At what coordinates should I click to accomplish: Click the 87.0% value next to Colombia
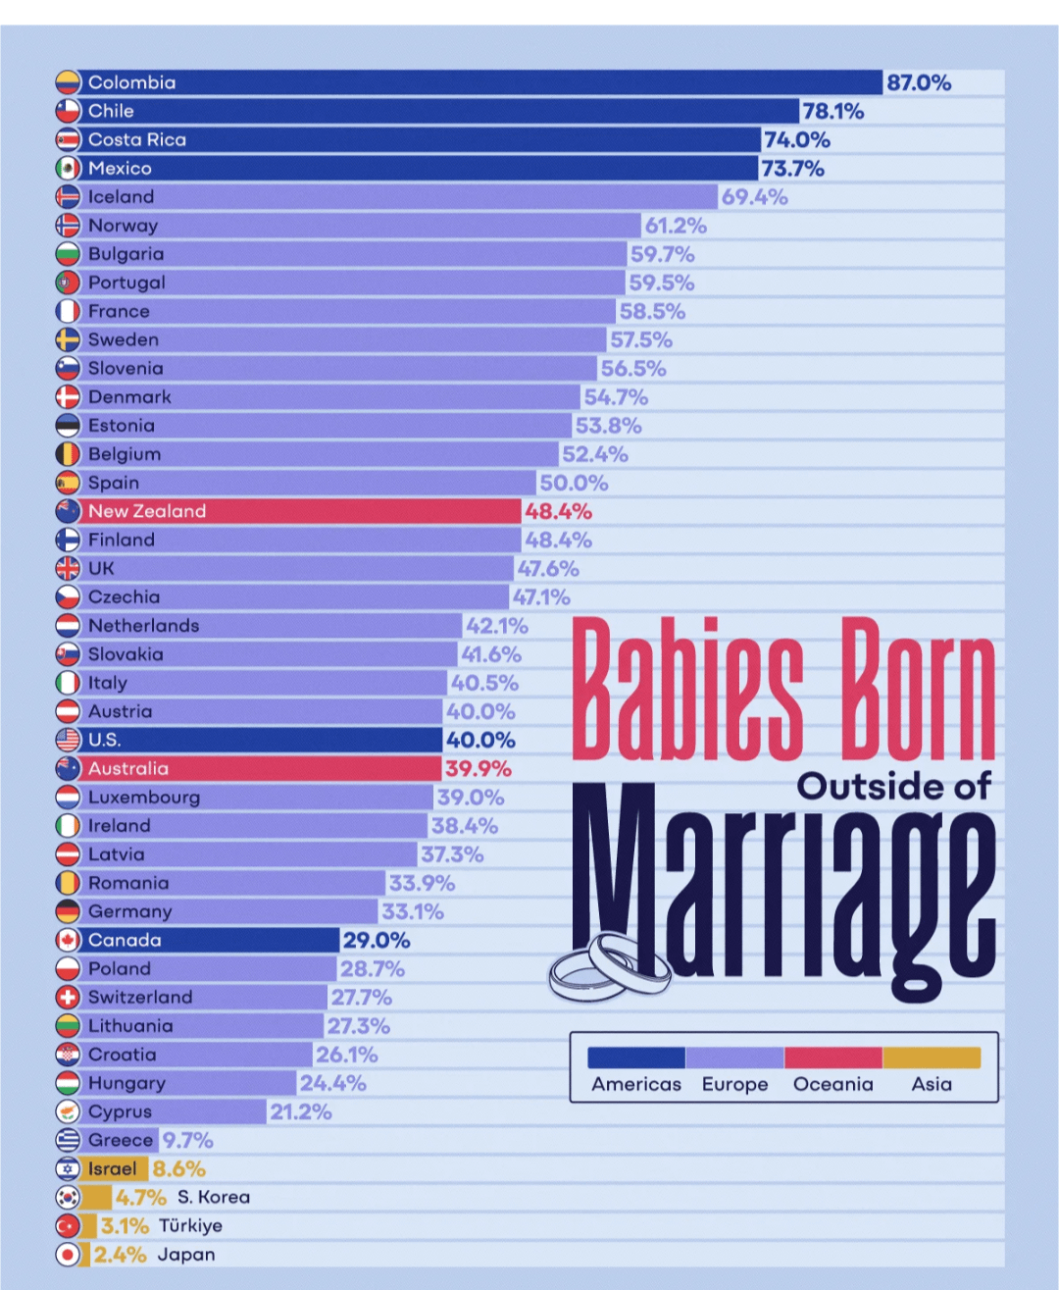click(919, 82)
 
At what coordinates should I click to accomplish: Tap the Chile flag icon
click(68, 111)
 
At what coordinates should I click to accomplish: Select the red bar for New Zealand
click(294, 511)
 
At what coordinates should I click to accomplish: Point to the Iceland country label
click(121, 196)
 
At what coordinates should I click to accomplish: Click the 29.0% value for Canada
click(377, 940)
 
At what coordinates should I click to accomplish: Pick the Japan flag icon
click(68, 1254)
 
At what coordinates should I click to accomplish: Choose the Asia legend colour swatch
click(932, 1058)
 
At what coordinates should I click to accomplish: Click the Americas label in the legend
click(636, 1084)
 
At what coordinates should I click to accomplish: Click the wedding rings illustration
click(608, 966)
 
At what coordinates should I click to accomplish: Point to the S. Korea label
click(214, 1197)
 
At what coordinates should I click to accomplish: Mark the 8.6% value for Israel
click(179, 1168)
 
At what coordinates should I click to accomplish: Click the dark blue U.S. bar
click(265, 740)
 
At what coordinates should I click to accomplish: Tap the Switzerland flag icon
click(68, 997)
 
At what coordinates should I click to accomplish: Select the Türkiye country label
click(190, 1225)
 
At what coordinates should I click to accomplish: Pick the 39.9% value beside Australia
click(478, 768)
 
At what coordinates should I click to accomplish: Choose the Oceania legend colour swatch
click(833, 1058)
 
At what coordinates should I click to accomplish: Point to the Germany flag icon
click(68, 911)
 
